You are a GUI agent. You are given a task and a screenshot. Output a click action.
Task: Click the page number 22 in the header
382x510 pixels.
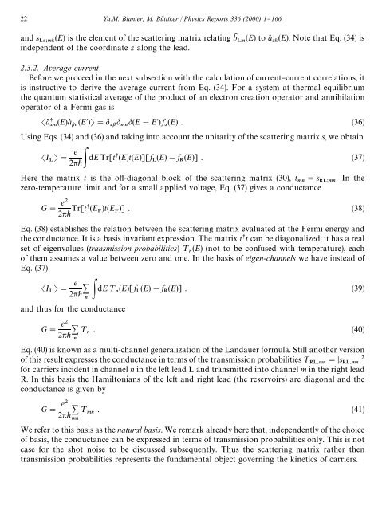point(23,10)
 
